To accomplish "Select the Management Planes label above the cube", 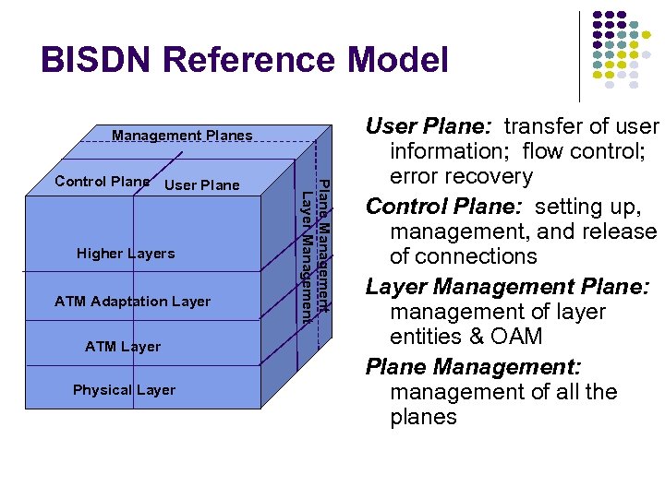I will pyautogui.click(x=182, y=136).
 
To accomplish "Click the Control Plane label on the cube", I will pyautogui.click(x=102, y=181).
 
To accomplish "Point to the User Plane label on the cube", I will pyautogui.click(x=201, y=185).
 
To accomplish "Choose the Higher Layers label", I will pyautogui.click(x=126, y=254).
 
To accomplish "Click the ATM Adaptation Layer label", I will pyautogui.click(x=132, y=302).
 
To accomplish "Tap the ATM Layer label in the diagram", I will pyautogui.click(x=123, y=347).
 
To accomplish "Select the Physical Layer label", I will pyautogui.click(x=124, y=390).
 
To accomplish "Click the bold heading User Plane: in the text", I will pyautogui.click(x=429, y=126).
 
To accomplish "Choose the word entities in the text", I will pyautogui.click(x=424, y=337).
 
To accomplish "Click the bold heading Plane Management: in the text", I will pyautogui.click(x=472, y=367).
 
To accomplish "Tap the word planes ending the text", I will pyautogui.click(x=423, y=417).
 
